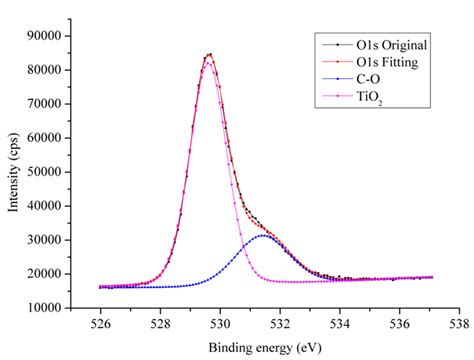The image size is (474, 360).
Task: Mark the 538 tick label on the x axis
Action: (x=459, y=324)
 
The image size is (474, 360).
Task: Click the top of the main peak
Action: (x=209, y=54)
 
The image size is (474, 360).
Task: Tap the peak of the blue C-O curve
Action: (x=263, y=236)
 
